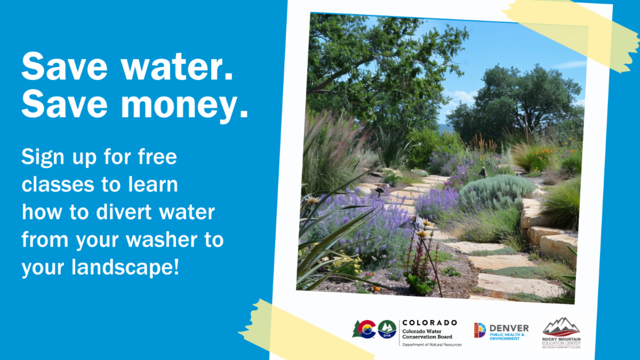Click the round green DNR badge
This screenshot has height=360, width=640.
pos(387,329)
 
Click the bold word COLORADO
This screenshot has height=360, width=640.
pos(429,323)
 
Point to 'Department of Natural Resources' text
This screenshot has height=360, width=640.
pos(431,345)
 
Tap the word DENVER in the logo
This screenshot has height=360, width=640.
pos(509,328)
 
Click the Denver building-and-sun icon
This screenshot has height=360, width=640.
pos(479,330)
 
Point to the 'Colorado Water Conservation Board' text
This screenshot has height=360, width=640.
pos(427,333)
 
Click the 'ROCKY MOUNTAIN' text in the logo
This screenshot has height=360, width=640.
pos(561,339)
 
